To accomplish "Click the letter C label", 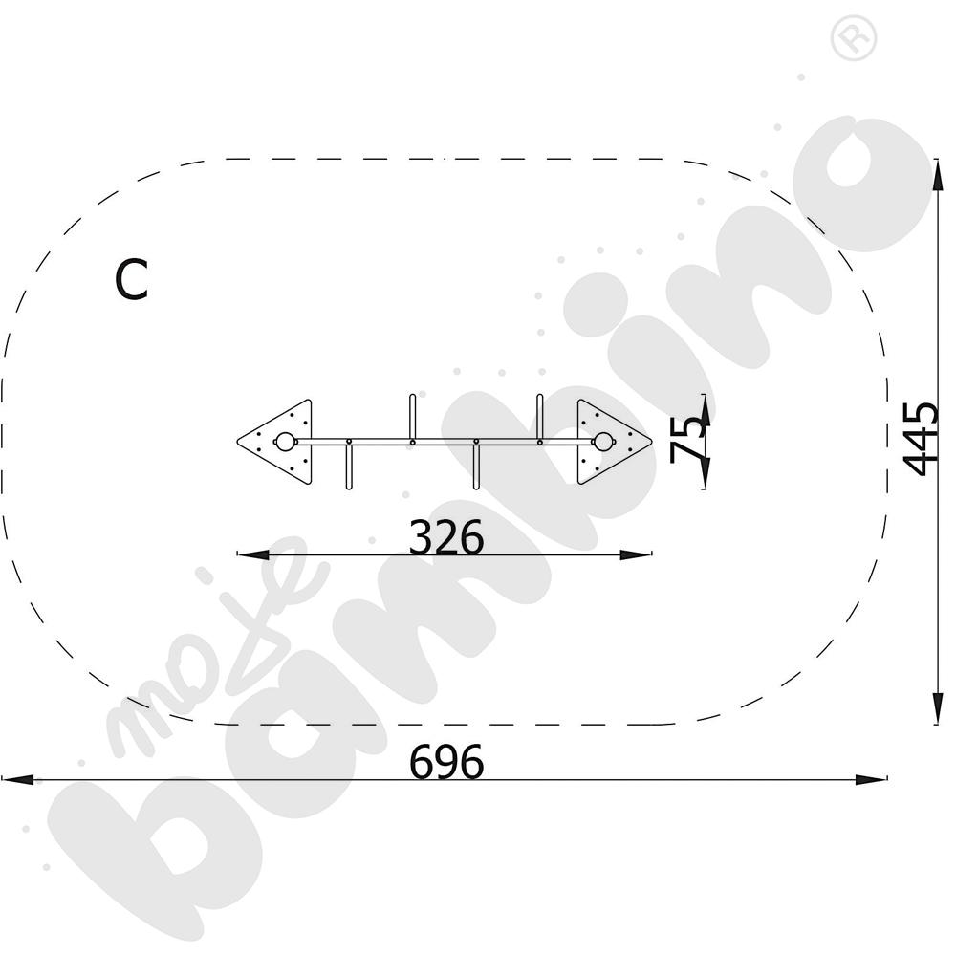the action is (131, 280).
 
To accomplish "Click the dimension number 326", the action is (446, 537).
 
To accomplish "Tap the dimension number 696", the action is (446, 762).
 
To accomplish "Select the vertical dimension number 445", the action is (921, 439).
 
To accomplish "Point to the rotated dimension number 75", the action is (687, 439).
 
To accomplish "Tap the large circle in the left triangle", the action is (284, 442).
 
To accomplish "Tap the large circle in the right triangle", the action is (603, 442).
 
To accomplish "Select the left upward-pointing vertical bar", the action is (412, 418).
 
